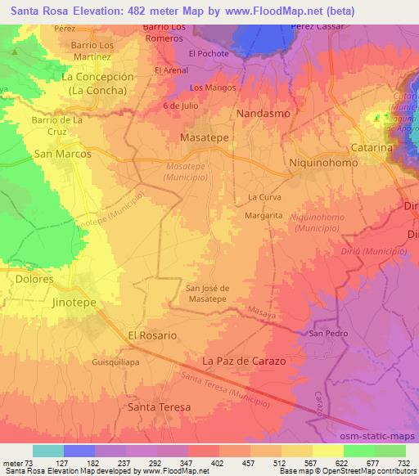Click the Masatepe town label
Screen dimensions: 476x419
[x=204, y=138]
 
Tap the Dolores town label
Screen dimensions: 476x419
[x=34, y=279]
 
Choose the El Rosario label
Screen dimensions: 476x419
[x=151, y=335]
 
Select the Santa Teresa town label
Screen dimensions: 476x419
[x=160, y=406]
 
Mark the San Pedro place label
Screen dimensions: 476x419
[x=327, y=334]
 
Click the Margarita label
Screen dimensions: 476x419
[x=264, y=215]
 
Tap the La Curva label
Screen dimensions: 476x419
[x=264, y=197]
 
